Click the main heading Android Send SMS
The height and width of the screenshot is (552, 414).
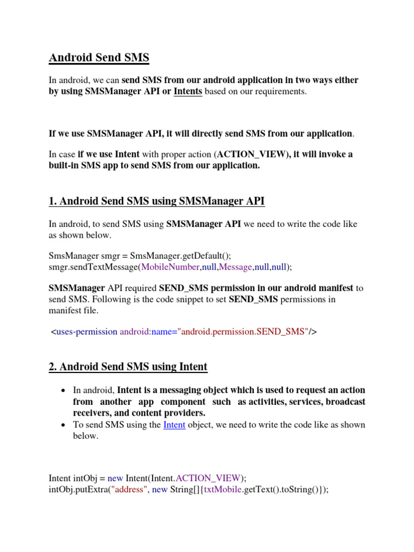pyautogui.click(x=99, y=58)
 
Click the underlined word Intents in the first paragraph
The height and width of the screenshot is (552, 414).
pyautogui.click(x=188, y=92)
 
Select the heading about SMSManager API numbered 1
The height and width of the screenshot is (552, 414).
pyautogui.click(x=156, y=202)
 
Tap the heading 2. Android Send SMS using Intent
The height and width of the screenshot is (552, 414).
pyautogui.click(x=128, y=367)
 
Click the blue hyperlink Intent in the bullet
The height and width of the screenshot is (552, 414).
pyautogui.click(x=174, y=425)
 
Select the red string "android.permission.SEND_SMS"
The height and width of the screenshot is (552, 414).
pyautogui.click(x=244, y=332)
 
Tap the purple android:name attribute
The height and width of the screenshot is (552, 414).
pyautogui.click(x=147, y=332)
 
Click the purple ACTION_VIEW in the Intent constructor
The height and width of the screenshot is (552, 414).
pyautogui.click(x=209, y=478)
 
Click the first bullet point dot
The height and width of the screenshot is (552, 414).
pyautogui.click(x=64, y=390)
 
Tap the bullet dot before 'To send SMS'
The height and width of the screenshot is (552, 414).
pyautogui.click(x=64, y=425)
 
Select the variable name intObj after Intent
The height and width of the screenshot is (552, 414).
pyautogui.click(x=85, y=478)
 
